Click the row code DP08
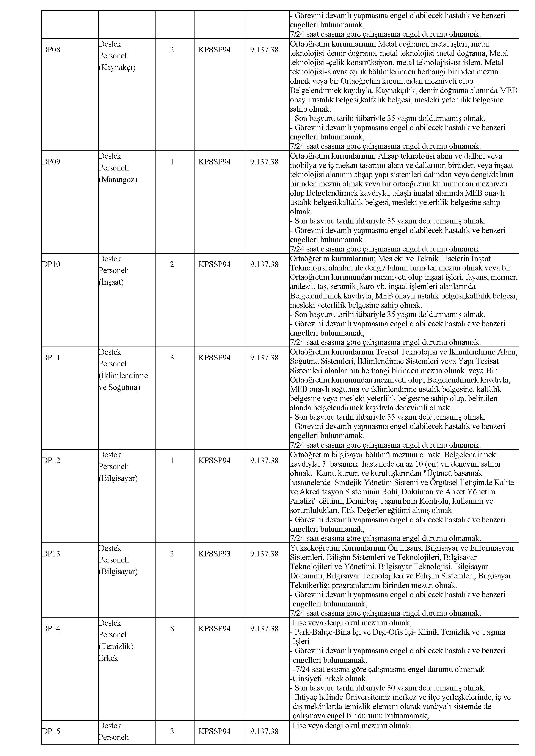point(51,50)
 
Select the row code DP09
point(51,162)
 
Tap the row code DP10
point(51,265)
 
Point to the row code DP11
point(51,358)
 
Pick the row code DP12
point(51,461)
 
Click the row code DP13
point(51,554)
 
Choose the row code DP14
point(51,629)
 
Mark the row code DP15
point(51,731)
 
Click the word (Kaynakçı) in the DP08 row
point(117,68)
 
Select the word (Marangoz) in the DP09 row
point(118,180)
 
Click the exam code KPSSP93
point(215,554)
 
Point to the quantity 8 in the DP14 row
point(172,629)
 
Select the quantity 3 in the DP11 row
point(172,358)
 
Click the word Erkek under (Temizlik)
point(108,658)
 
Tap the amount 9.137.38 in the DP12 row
point(264,461)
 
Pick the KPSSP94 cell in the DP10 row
point(215,265)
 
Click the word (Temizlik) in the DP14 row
point(116,646)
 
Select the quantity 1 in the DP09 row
point(172,162)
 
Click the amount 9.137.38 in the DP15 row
point(264,731)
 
